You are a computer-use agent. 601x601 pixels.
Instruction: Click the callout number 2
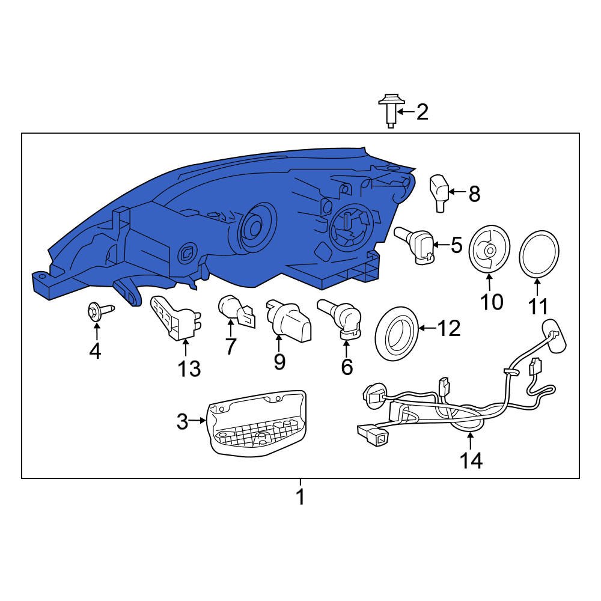click(423, 112)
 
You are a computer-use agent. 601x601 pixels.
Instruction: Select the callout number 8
click(474, 194)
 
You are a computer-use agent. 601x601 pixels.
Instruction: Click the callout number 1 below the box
click(300, 497)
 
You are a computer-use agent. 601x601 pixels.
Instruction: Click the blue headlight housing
click(228, 222)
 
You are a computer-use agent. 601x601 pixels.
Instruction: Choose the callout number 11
click(538, 307)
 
